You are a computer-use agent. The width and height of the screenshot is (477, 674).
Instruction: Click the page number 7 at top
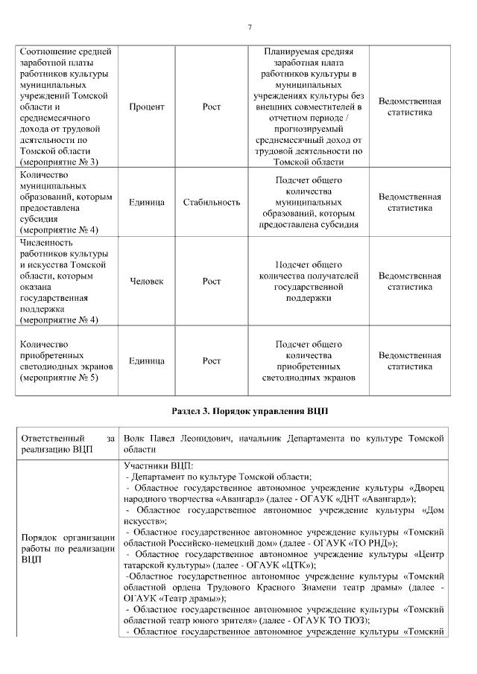[249, 28]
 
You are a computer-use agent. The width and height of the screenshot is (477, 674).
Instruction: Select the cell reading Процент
[147, 107]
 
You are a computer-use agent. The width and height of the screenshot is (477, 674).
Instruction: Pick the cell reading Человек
[147, 282]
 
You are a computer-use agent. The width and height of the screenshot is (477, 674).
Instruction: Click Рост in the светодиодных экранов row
[212, 361]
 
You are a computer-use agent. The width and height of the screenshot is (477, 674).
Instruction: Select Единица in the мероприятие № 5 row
[147, 361]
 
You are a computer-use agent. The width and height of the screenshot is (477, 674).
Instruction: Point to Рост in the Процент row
[212, 107]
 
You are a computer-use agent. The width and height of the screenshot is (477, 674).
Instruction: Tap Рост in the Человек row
[212, 282]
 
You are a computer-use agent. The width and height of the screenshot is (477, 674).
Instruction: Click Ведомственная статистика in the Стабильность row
[409, 203]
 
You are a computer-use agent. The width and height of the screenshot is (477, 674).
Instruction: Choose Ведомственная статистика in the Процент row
[409, 107]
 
